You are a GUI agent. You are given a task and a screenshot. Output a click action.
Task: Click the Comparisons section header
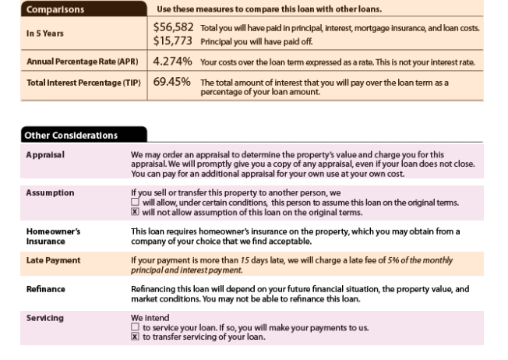55,10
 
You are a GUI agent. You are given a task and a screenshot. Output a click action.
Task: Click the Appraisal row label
44,154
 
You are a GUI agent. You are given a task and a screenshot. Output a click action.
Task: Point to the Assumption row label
49,192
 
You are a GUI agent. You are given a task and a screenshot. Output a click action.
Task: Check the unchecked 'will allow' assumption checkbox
135,203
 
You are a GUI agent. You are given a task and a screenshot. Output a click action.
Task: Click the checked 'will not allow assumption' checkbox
135,212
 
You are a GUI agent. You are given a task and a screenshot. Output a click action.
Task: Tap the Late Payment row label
52,259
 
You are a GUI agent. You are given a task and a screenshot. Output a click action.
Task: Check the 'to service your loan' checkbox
135,328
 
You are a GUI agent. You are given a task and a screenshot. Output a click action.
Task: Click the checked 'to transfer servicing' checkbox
135,337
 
